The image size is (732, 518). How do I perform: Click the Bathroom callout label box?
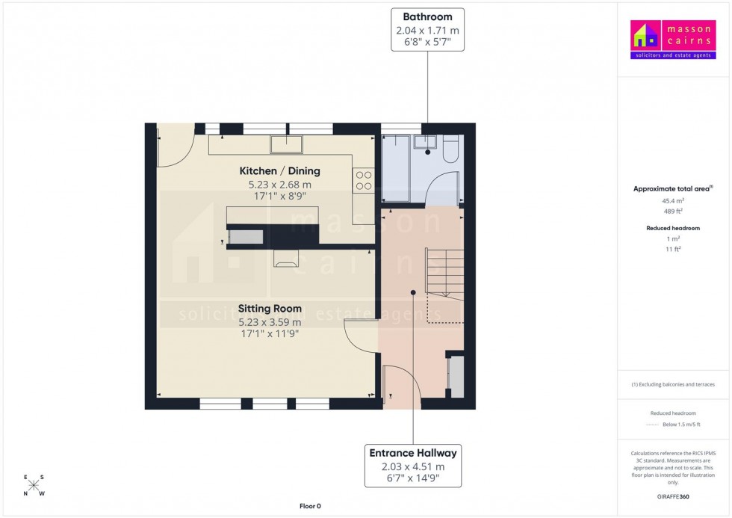(x=427, y=30)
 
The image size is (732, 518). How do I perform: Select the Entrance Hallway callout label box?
(x=413, y=466)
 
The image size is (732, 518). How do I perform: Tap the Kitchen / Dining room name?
(x=274, y=170)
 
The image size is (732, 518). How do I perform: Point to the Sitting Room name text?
(x=270, y=308)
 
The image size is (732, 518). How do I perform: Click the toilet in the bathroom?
(x=449, y=152)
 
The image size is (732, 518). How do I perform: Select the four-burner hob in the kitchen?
(x=363, y=181)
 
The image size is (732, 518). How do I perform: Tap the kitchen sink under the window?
(x=285, y=144)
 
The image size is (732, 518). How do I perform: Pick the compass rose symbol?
(x=34, y=485)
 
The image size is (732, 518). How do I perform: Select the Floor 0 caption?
(x=309, y=506)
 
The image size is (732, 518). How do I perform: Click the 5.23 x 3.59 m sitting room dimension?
(x=270, y=322)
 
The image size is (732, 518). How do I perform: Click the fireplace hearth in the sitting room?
(x=287, y=258)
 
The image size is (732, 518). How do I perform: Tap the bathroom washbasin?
(x=428, y=142)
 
